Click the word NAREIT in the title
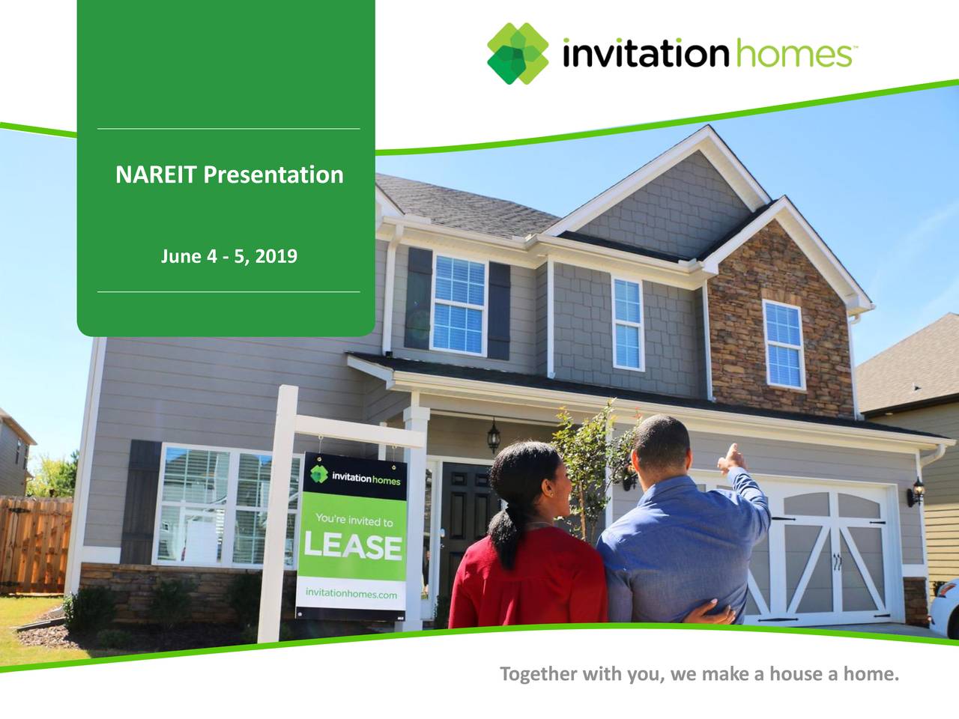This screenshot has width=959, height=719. (157, 175)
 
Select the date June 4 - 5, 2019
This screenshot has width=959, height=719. (229, 257)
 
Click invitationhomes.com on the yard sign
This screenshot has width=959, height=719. (351, 594)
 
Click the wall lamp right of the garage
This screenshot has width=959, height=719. (917, 493)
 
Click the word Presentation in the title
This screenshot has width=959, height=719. (273, 175)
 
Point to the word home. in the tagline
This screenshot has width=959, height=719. (871, 675)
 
